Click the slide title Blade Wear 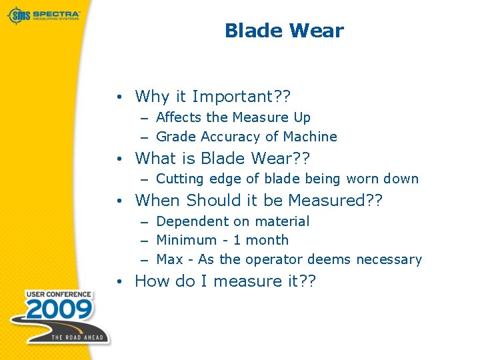284,31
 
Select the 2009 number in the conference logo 51,311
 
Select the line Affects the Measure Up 233,117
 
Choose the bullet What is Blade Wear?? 223,159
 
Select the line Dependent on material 233,221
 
